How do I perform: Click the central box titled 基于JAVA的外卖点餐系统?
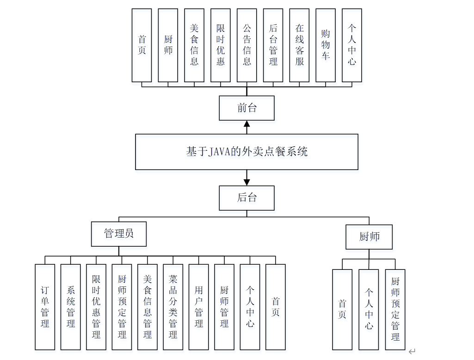pyautogui.click(x=246, y=152)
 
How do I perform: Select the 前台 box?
pyautogui.click(x=246, y=108)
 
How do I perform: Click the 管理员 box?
pyautogui.click(x=119, y=234)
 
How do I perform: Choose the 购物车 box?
pyautogui.click(x=326, y=45)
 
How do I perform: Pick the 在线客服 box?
pyautogui.click(x=300, y=45)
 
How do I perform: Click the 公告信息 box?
pyautogui.click(x=247, y=45)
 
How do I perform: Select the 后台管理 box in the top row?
pyautogui.click(x=273, y=45)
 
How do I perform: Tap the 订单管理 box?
pyautogui.click(x=45, y=307)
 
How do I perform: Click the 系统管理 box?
pyautogui.click(x=71, y=307)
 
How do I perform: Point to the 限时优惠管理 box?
pyautogui.click(x=96, y=307)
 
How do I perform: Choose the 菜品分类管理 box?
pyautogui.click(x=173, y=307)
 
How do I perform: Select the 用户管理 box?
pyautogui.click(x=199, y=307)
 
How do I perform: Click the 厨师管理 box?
pyautogui.click(x=224, y=307)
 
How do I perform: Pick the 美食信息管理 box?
pyautogui.click(x=148, y=307)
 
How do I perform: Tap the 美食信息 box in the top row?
pyautogui.click(x=194, y=45)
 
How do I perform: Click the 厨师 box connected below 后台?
pyautogui.click(x=369, y=237)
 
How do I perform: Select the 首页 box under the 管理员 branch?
pyautogui.click(x=276, y=307)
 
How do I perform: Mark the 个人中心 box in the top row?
pyautogui.click(x=352, y=45)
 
